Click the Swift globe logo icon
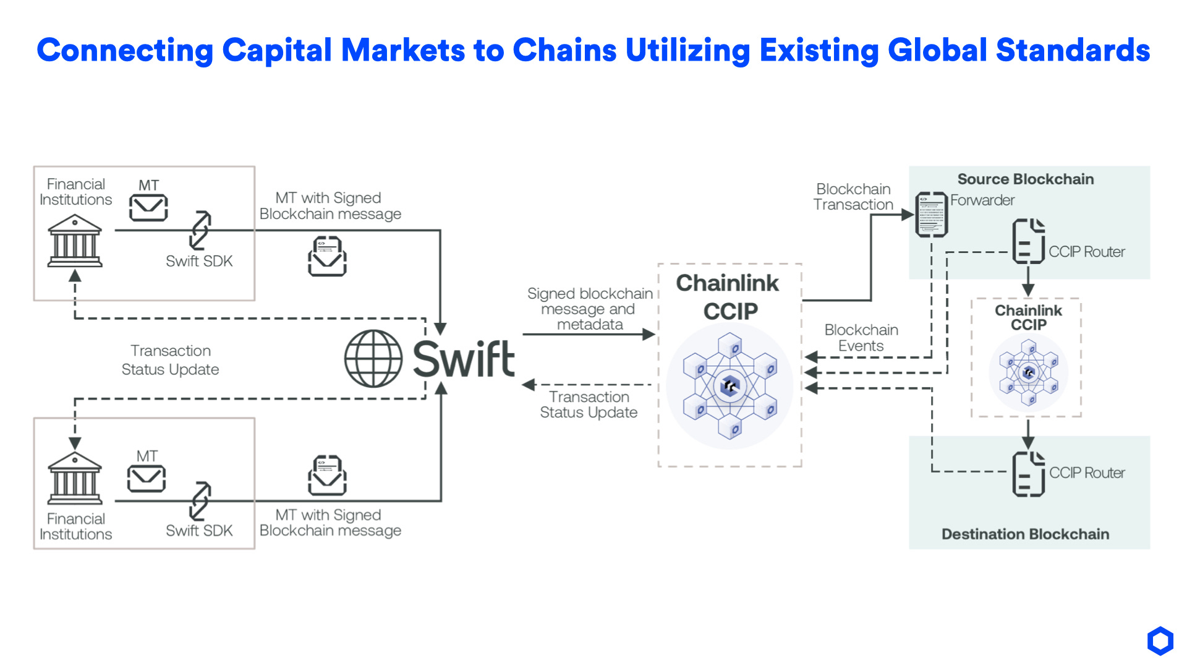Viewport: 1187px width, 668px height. click(373, 359)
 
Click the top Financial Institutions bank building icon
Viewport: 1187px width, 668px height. click(75, 241)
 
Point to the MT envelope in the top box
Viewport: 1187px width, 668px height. click(148, 208)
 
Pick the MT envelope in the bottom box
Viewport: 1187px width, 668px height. click(147, 478)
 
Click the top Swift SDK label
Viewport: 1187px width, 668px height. click(199, 261)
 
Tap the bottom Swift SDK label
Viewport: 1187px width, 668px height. click(199, 531)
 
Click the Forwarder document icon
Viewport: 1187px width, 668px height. click(932, 215)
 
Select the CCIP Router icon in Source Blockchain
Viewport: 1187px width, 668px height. click(1028, 241)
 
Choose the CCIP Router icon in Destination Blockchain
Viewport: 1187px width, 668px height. click(1028, 474)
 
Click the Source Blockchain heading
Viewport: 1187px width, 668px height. click(1026, 179)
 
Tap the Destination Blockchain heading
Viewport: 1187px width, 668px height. click(1025, 534)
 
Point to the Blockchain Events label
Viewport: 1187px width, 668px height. click(861, 338)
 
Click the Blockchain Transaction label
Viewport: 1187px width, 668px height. click(853, 197)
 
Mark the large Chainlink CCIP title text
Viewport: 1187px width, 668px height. click(728, 297)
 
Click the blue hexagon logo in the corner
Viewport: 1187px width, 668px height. click(1160, 641)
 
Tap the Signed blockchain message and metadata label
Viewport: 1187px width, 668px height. click(590, 309)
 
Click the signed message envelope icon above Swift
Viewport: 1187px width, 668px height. click(327, 256)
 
